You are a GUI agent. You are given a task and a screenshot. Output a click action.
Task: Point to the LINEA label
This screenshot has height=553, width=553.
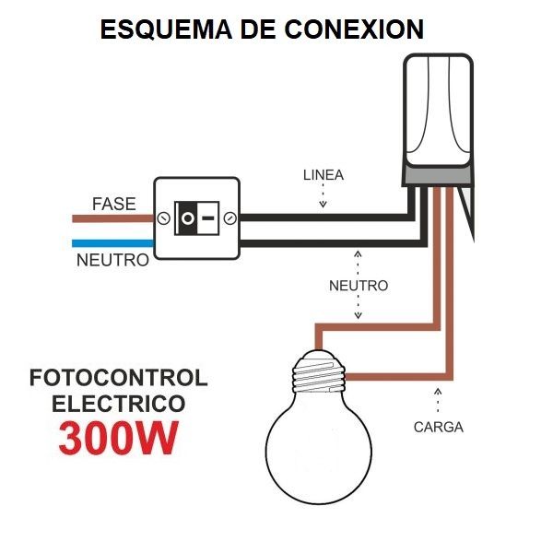tap(323, 175)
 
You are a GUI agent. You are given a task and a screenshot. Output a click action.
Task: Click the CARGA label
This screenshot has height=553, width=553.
tap(438, 427)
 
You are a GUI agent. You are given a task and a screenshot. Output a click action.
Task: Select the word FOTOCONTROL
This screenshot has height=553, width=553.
tap(118, 379)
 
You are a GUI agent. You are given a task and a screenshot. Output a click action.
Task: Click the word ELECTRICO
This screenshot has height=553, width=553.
tap(118, 404)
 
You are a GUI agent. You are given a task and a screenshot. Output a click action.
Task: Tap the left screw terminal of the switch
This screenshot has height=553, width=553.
tap(163, 219)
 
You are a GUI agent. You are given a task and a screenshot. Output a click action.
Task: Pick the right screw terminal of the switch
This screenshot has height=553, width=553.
tap(230, 219)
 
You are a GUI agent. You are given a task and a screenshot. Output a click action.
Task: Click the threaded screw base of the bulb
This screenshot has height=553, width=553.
tap(319, 375)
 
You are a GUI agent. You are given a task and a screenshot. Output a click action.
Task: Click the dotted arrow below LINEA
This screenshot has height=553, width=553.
tap(323, 196)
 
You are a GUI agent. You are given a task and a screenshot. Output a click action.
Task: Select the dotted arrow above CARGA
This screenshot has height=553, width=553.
tap(438, 402)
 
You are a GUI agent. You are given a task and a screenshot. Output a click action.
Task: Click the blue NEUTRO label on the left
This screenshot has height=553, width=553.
tap(112, 261)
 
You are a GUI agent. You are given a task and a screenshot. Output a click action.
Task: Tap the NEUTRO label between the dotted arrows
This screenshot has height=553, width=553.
tap(359, 286)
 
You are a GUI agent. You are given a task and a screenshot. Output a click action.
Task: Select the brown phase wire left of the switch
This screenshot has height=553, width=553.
tap(111, 219)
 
